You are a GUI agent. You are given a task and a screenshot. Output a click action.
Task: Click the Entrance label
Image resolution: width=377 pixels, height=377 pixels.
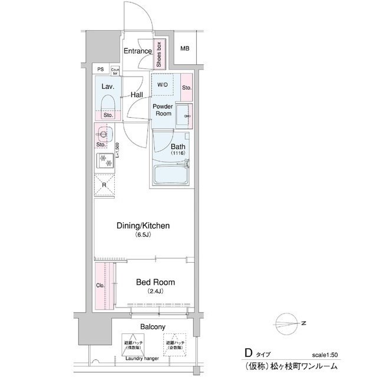click(138, 51)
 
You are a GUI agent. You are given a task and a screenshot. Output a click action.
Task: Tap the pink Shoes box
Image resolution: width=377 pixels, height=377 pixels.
click(159, 54)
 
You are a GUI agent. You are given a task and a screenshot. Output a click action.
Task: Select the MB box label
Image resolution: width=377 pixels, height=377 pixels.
click(185, 48)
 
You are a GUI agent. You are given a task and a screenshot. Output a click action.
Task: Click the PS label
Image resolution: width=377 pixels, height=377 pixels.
click(101, 70)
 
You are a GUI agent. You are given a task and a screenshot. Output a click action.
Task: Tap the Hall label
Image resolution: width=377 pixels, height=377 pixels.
click(137, 94)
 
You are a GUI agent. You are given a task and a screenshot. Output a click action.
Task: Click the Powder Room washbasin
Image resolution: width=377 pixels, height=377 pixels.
click(186, 113)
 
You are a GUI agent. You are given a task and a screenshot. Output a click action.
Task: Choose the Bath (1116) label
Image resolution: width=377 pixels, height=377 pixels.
click(178, 149)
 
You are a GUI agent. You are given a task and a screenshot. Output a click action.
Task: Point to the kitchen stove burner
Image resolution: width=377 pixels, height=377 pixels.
click(104, 158)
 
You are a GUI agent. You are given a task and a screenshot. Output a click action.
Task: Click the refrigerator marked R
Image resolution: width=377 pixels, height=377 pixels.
click(104, 184)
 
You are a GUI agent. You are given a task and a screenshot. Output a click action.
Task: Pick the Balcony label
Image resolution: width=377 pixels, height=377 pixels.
click(152, 326)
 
